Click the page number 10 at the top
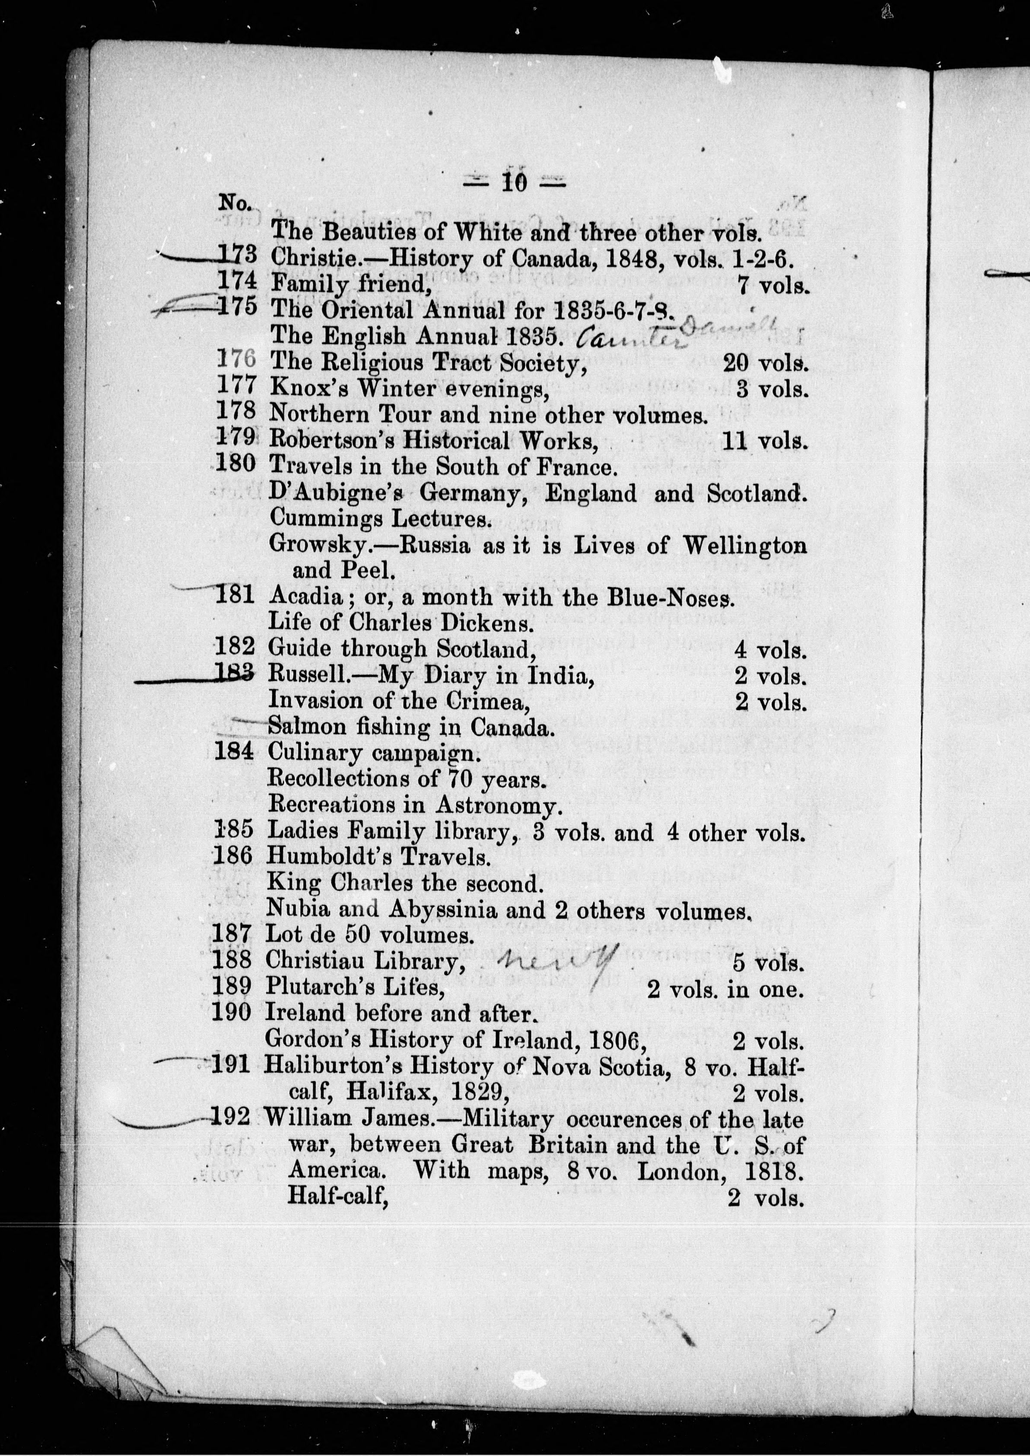pos(514,183)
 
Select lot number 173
pos(237,255)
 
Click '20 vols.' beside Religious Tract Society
pos(766,362)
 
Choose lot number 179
pos(236,438)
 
